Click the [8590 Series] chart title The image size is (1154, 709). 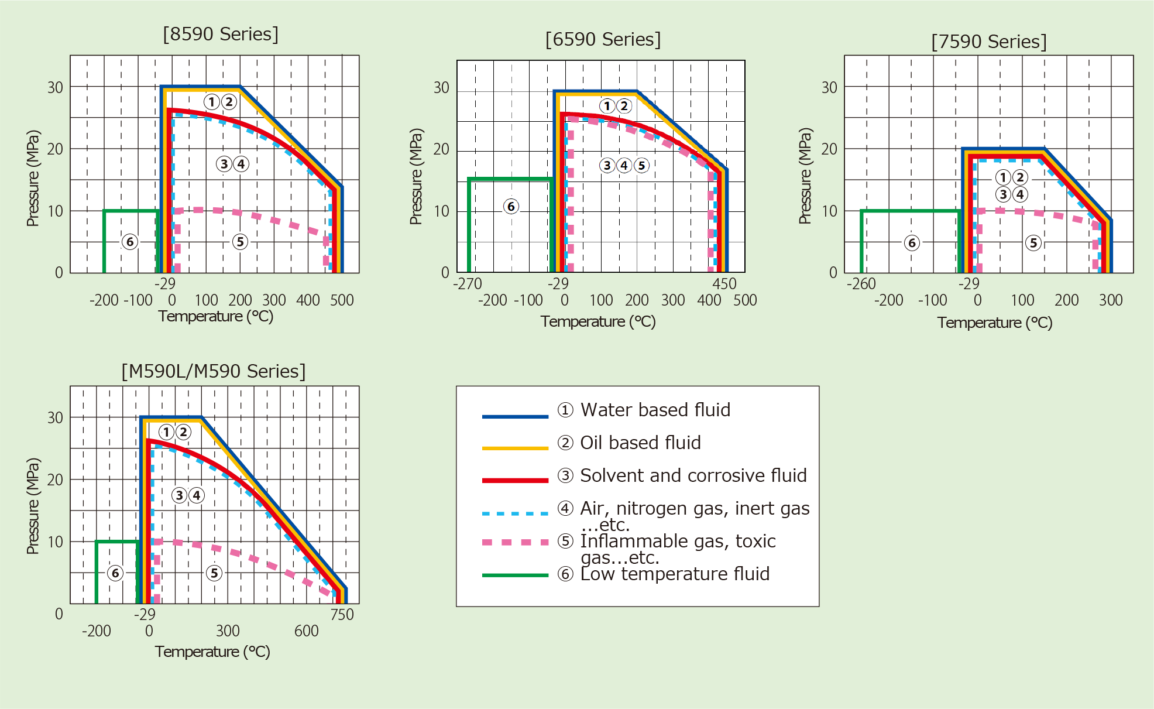point(221,34)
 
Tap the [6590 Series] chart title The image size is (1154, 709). point(603,39)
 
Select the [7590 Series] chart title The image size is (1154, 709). point(989,42)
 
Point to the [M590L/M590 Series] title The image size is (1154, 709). point(214,371)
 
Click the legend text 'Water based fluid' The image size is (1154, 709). point(655,410)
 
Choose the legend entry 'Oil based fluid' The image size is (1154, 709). point(640,443)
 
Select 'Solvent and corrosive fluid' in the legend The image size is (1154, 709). point(693,475)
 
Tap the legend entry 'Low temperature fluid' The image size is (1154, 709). point(674,574)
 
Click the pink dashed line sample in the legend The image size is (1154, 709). point(515,542)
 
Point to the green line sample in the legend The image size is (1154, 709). point(515,576)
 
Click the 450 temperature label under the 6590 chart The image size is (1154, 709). point(724,284)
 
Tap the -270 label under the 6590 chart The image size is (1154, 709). point(468,284)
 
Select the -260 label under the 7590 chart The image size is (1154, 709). point(861,284)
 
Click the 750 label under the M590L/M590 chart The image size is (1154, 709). point(342,615)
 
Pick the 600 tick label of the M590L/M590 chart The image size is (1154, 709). point(307,631)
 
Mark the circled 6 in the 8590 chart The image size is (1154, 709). point(130,242)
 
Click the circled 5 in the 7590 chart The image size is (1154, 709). point(1033,243)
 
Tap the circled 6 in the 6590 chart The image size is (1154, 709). point(511,206)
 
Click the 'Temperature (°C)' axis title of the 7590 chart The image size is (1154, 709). point(995,323)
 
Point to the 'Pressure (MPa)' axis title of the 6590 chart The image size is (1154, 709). point(415,176)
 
